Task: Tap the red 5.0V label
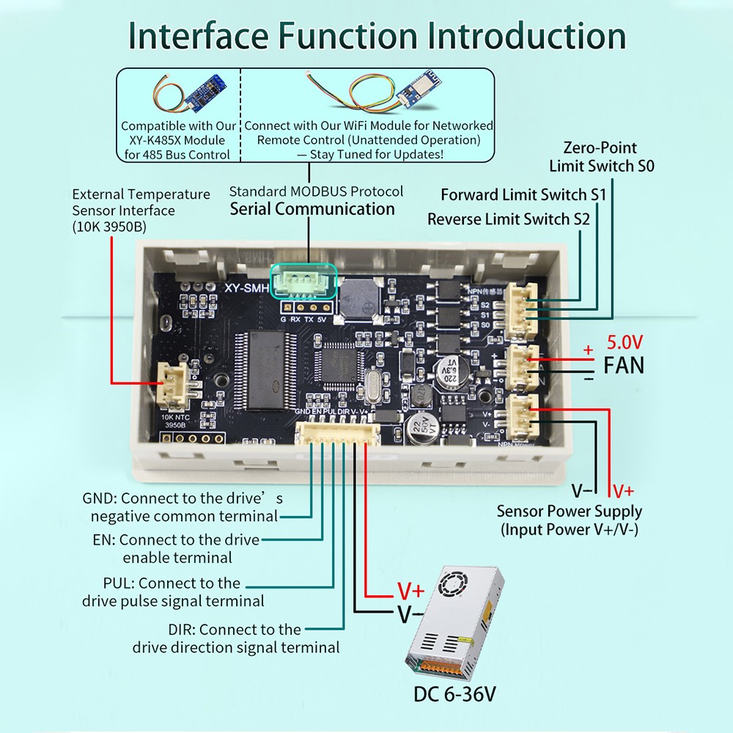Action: (x=623, y=342)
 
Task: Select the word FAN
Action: (x=623, y=364)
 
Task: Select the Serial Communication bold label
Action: (x=312, y=209)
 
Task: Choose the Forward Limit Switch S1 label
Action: (x=523, y=195)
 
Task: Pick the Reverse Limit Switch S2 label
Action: (x=509, y=218)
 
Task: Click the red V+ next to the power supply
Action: (x=410, y=590)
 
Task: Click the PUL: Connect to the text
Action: (x=172, y=583)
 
